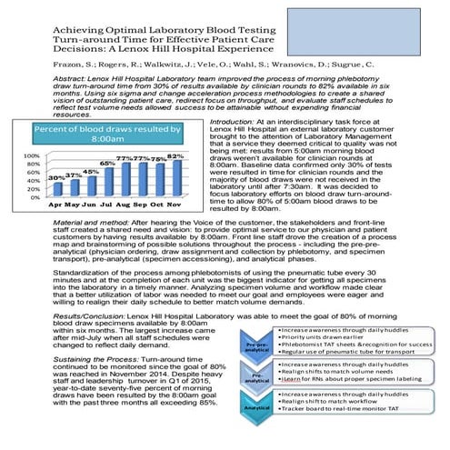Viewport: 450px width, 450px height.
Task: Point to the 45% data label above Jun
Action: [91, 171]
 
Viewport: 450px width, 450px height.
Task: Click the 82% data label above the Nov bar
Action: [176, 155]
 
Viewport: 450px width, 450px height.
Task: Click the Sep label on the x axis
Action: [143, 205]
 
